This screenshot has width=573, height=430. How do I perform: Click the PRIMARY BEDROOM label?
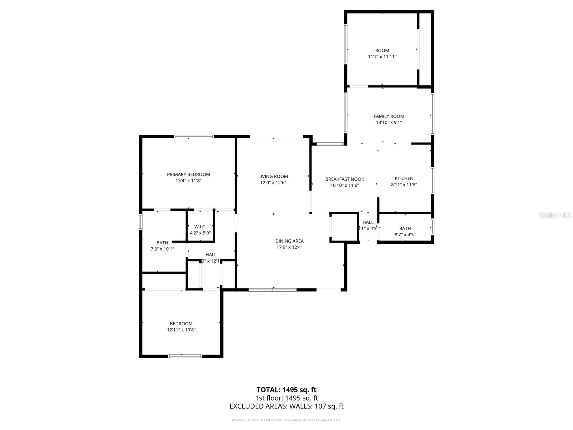point(188,175)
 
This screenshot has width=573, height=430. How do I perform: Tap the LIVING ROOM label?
point(273,176)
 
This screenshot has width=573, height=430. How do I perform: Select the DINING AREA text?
point(289,241)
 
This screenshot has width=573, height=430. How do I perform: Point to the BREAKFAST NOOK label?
point(345,179)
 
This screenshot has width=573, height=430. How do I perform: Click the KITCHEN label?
point(404,178)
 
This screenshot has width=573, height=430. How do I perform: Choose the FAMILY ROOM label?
point(389,116)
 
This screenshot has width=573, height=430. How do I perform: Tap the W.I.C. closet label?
point(200,227)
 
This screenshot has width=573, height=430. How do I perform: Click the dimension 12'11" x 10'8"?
point(181,330)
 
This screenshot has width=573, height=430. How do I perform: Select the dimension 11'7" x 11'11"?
point(382,57)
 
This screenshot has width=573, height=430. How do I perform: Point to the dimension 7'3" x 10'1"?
point(162,249)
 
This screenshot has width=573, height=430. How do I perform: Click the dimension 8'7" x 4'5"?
point(405,235)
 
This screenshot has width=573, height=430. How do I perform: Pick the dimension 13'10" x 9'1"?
point(389,123)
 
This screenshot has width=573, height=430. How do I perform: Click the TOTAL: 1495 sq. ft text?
point(286,390)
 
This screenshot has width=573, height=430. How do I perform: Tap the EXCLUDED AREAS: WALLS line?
point(286,406)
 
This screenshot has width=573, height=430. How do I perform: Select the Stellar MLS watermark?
point(555,215)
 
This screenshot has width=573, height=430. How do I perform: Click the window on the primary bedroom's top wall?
point(194,137)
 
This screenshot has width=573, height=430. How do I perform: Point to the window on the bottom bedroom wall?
point(185,356)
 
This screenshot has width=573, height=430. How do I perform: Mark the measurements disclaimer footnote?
point(286,420)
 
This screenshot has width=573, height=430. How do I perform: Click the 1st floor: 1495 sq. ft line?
point(286,398)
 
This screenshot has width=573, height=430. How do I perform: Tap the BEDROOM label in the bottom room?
point(181,324)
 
